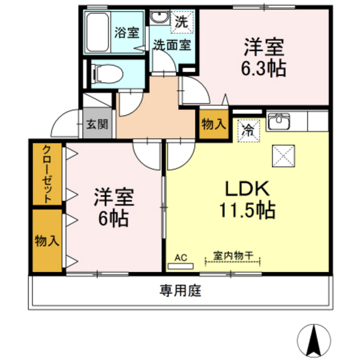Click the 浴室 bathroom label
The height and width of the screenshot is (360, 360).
click(x=125, y=32)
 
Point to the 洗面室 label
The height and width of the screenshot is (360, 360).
click(x=172, y=46)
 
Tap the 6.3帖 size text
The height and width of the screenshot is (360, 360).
click(x=264, y=67)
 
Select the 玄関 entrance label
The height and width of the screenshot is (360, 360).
click(x=97, y=124)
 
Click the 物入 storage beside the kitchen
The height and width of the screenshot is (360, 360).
click(x=213, y=124)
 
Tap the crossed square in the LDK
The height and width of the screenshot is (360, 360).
click(x=283, y=156)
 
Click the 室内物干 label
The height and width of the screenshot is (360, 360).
click(x=233, y=257)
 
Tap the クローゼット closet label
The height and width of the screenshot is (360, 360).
click(x=48, y=175)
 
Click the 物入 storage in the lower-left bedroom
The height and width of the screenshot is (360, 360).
click(x=47, y=240)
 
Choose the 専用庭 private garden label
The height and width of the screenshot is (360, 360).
click(x=181, y=291)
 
